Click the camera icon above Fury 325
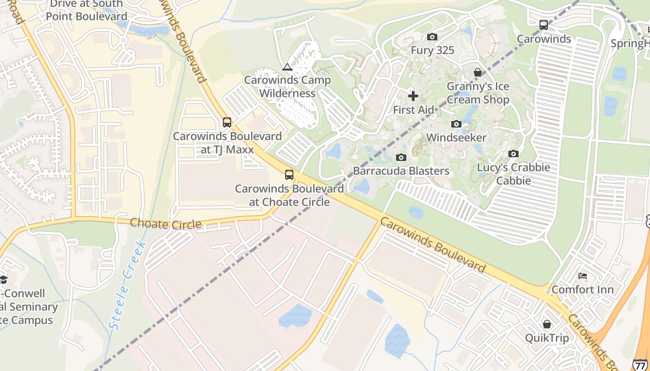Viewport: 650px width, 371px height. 432,37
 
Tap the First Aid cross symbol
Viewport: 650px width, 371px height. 413,96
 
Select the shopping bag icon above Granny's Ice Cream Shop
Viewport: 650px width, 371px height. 477,72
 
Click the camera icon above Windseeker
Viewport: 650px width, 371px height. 456,124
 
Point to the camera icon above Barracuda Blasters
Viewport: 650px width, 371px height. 401,157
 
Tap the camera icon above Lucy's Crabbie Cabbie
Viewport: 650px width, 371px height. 513,154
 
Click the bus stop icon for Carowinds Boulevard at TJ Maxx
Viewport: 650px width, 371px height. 227,122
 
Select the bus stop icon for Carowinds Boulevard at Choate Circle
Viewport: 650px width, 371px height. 289,175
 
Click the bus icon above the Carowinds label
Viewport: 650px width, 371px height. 543,25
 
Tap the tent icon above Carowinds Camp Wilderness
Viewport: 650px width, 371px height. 287,67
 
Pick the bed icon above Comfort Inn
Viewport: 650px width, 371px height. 583,276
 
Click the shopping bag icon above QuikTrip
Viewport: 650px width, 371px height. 546,324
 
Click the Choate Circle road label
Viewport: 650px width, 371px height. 166,224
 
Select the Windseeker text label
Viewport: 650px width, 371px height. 456,137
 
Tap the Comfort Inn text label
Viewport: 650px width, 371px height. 582,290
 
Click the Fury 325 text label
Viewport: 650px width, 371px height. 432,50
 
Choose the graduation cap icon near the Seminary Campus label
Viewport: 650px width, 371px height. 4,279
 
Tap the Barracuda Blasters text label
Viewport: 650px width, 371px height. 401,171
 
